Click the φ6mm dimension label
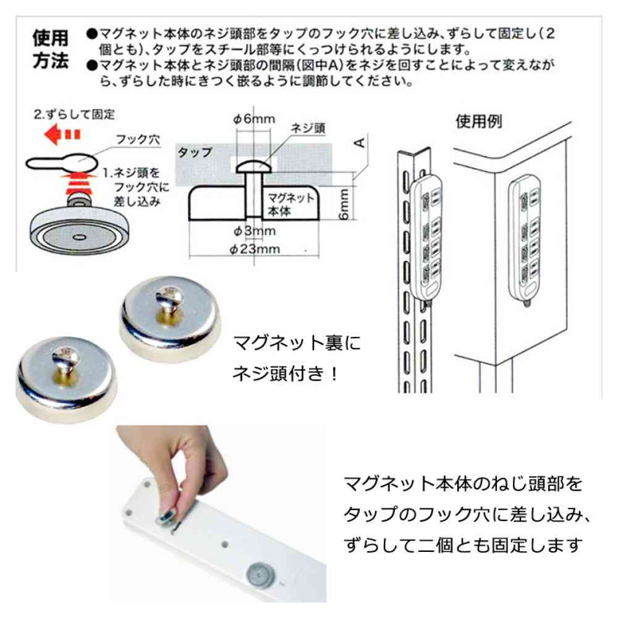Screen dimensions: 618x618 tap(254, 119)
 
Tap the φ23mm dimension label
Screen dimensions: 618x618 tap(255, 249)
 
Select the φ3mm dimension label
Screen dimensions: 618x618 tap(255, 231)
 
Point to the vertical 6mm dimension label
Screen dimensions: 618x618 tap(344, 204)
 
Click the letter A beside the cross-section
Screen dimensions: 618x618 tap(360, 143)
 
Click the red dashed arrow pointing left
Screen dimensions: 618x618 tap(62, 134)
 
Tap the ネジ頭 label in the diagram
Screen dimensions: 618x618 tap(308, 128)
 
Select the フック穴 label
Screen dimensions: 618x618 tap(138, 140)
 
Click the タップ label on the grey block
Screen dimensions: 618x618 tap(195, 152)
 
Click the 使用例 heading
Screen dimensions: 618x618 tap(479, 121)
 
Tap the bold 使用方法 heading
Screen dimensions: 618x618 tap(51, 49)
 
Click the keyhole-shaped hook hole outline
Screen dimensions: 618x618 tap(62, 162)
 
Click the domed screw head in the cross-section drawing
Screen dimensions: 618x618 tap(254, 167)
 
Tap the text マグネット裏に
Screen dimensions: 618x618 tap(297, 342)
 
